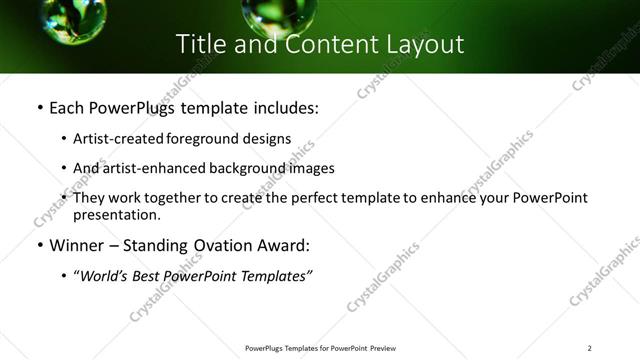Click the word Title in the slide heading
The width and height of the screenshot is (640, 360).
click(x=200, y=44)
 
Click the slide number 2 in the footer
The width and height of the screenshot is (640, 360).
click(x=590, y=348)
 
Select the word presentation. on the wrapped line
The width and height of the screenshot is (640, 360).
click(x=116, y=214)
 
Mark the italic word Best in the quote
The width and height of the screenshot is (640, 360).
click(x=156, y=276)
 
